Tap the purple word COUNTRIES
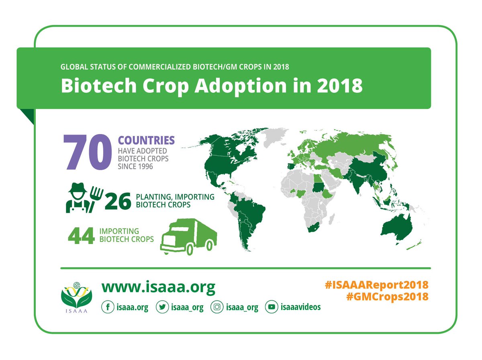point(146,141)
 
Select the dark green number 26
point(118,201)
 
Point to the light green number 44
point(81,235)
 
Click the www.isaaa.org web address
point(158,287)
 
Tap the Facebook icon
point(107,307)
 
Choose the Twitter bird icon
point(162,307)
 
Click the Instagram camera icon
point(217,307)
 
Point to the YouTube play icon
point(272,307)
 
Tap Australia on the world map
point(396,227)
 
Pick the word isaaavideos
point(301,307)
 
